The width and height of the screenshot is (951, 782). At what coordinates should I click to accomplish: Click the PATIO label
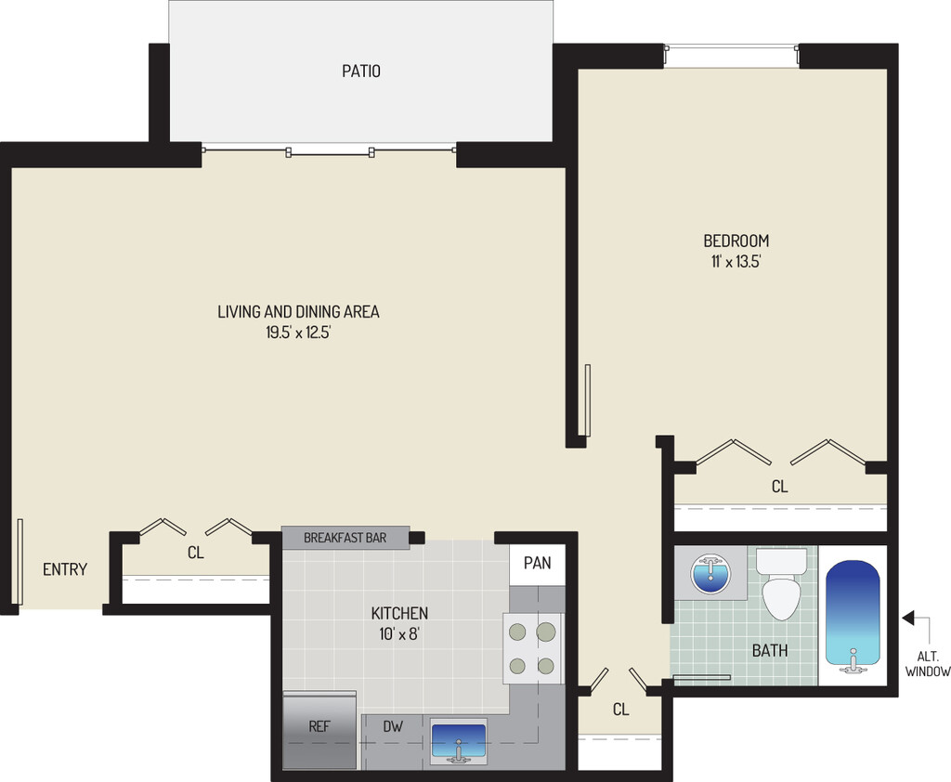coord(360,71)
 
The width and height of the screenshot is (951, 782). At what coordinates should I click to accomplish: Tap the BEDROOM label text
coord(736,241)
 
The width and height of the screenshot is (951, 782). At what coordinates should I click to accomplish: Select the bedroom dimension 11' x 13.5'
coord(736,262)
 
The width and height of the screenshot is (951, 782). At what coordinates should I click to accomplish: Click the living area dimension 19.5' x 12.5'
coord(298,332)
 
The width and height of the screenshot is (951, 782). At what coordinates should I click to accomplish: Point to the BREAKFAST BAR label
coord(345,538)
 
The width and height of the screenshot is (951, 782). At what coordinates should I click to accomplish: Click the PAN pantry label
coord(537,563)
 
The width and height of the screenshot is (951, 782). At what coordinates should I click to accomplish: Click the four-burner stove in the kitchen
coord(533,648)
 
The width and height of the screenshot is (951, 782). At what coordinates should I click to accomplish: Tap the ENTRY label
coord(65,569)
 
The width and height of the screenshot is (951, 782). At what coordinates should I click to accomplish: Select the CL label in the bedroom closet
coord(779,487)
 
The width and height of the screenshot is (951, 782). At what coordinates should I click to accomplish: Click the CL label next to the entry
coord(195,553)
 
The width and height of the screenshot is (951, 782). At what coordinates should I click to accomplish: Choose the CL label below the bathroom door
coord(620,710)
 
